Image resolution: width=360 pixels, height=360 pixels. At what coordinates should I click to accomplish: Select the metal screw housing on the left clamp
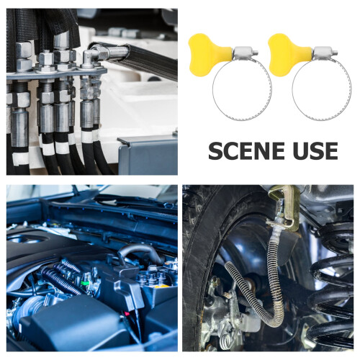(244, 53)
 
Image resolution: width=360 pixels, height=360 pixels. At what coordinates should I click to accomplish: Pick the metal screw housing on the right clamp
(323, 53)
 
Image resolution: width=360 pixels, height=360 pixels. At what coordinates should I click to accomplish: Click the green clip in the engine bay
(84, 283)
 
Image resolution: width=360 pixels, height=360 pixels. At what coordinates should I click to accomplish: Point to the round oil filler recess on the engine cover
(27, 238)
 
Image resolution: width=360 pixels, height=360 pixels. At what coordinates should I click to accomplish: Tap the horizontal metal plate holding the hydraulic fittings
(56, 73)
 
